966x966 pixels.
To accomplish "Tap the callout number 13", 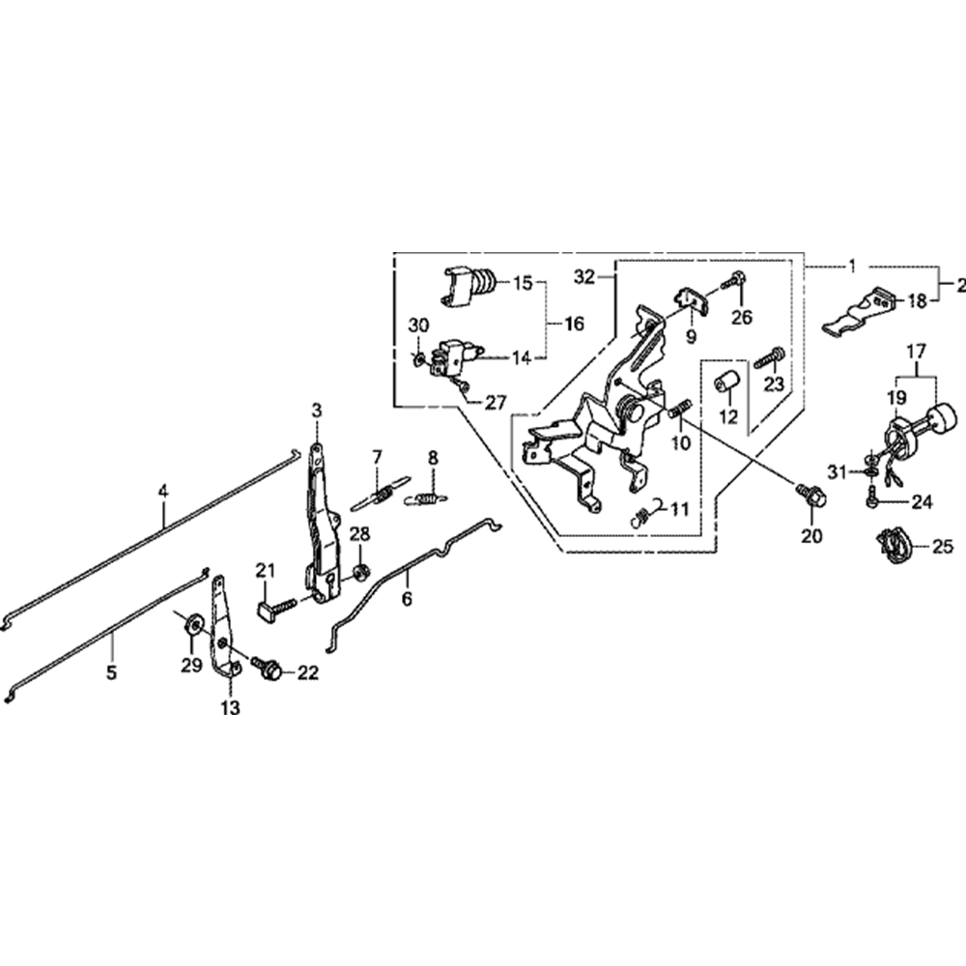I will coord(230,708).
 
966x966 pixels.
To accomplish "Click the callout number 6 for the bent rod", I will coord(407,599).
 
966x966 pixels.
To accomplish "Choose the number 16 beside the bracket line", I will coord(574,324).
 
